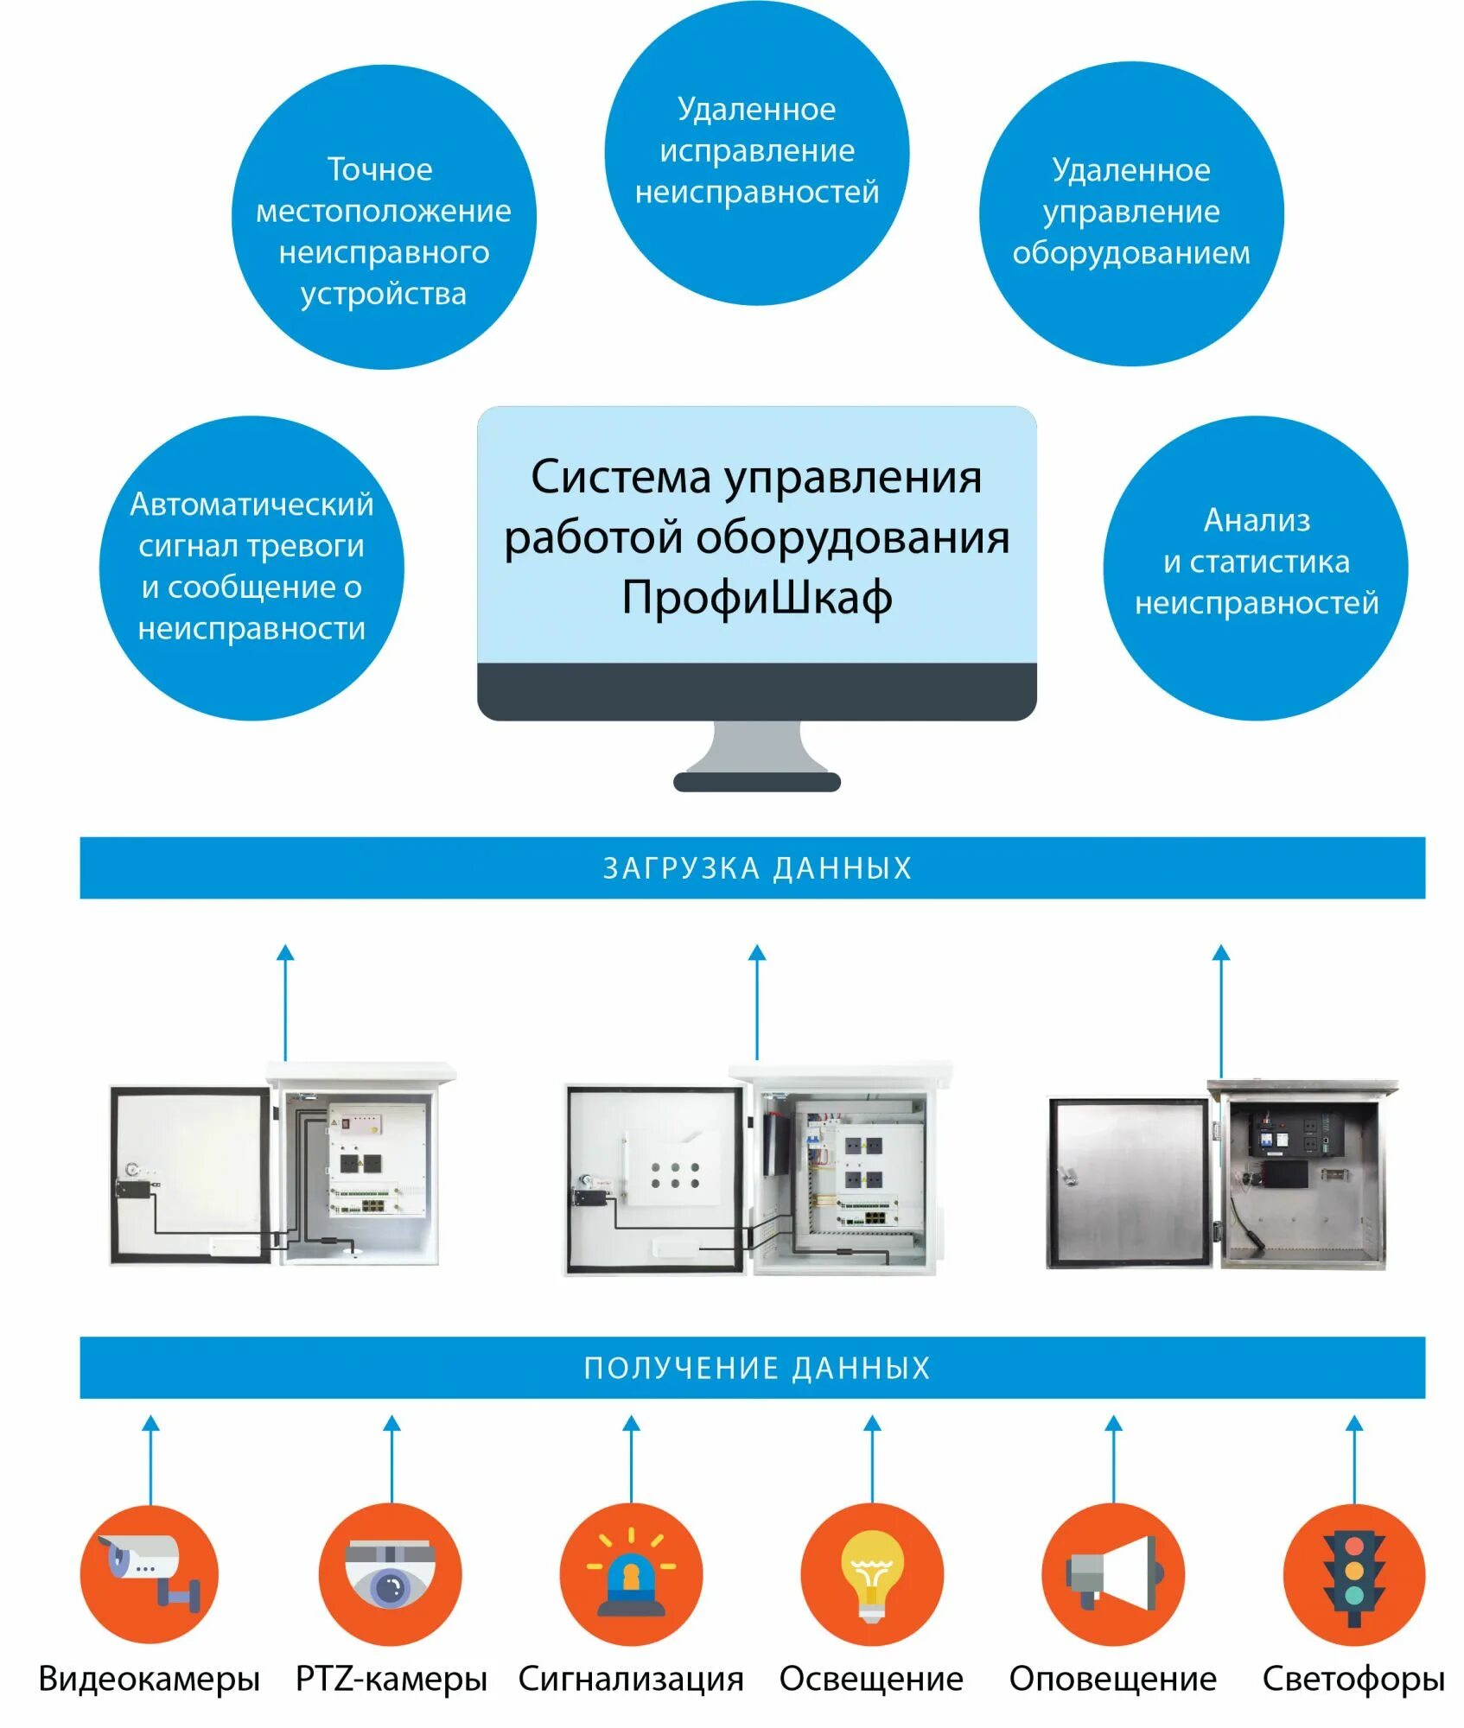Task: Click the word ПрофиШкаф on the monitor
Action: (x=756, y=598)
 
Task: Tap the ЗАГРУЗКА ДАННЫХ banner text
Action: (x=756, y=867)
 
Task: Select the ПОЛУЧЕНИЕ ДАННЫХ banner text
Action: (x=756, y=1368)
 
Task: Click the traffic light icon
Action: (x=1353, y=1574)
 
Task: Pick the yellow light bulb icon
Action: (x=872, y=1574)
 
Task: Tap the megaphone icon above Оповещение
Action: (x=1112, y=1574)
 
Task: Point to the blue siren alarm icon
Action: (x=631, y=1574)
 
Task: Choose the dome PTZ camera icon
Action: (x=391, y=1574)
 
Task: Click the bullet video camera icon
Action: (x=150, y=1574)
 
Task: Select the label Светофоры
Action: (x=1353, y=1679)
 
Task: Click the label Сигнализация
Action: (x=631, y=1679)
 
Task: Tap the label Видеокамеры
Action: (x=150, y=1679)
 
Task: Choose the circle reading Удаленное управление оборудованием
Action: (x=1131, y=213)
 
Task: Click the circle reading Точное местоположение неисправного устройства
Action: (x=384, y=216)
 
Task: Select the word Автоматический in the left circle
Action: (x=251, y=504)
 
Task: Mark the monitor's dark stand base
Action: (x=757, y=782)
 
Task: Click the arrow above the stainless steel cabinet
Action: (x=1220, y=1011)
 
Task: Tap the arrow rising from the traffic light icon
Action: (x=1354, y=1460)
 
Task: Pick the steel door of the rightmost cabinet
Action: (x=1128, y=1182)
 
